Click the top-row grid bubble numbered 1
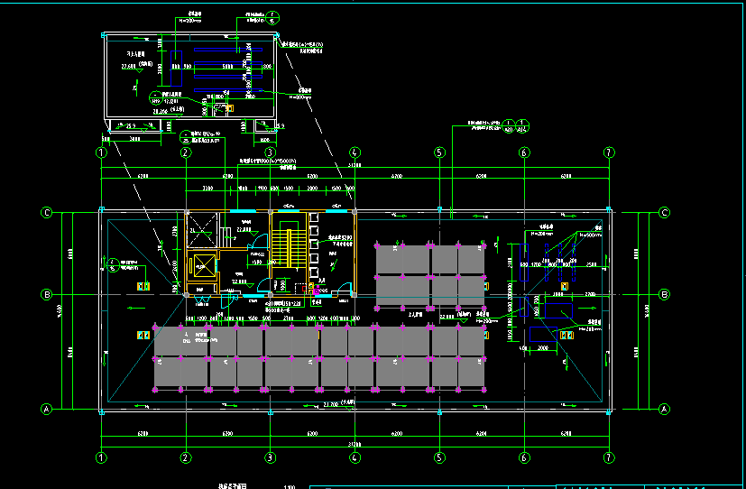coord(101,152)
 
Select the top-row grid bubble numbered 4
coord(355,152)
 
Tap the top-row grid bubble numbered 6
coord(523,152)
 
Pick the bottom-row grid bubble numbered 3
coord(270,457)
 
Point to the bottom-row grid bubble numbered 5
coord(439,457)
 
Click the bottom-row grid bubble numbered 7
coord(609,457)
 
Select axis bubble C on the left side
coord(46,213)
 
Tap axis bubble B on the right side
coord(664,294)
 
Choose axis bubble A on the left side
coord(46,409)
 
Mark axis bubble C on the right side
coord(664,213)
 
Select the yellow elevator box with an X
coord(203,266)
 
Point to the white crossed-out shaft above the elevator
coord(202,229)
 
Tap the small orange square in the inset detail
coord(228,109)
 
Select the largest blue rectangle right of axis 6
coord(559,311)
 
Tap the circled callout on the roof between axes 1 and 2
coord(112,264)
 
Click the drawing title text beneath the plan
coord(232,486)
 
